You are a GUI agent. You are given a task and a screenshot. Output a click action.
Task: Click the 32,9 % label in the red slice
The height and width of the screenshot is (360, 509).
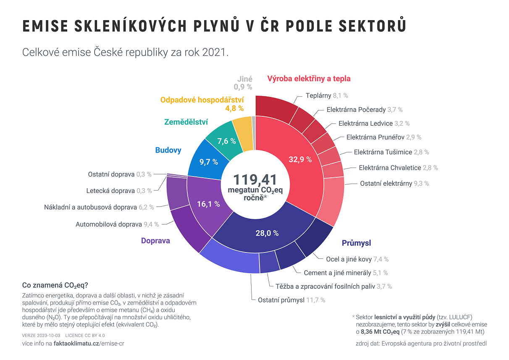pyautogui.click(x=300, y=159)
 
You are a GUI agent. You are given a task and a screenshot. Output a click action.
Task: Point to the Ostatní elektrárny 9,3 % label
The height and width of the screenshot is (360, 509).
pyautogui.click(x=394, y=184)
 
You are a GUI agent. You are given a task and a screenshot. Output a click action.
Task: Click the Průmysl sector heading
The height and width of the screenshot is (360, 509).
pyautogui.click(x=356, y=243)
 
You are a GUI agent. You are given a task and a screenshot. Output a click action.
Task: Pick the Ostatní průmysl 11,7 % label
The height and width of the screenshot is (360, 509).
pyautogui.click(x=291, y=300)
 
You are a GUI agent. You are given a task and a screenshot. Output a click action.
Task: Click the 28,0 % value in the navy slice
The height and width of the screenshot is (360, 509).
pyautogui.click(x=267, y=233)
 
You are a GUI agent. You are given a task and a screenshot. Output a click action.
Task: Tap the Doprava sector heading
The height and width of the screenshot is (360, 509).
pyautogui.click(x=155, y=241)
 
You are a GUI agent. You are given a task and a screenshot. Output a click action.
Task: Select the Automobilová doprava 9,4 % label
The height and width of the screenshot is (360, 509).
pyautogui.click(x=117, y=224)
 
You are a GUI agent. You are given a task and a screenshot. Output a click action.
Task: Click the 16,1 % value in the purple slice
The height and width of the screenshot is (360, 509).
pyautogui.click(x=209, y=204)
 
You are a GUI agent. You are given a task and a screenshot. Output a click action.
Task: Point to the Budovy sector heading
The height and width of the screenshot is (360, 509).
pyautogui.click(x=168, y=150)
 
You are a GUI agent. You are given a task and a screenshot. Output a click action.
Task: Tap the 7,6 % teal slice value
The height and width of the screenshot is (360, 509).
pyautogui.click(x=226, y=141)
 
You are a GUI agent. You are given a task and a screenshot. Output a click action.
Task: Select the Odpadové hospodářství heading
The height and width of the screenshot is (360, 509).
pyautogui.click(x=202, y=100)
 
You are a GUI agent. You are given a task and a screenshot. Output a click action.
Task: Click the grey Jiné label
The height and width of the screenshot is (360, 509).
pyautogui.click(x=244, y=79)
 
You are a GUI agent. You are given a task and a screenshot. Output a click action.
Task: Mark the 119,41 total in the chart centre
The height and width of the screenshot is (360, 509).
pyautogui.click(x=255, y=179)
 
